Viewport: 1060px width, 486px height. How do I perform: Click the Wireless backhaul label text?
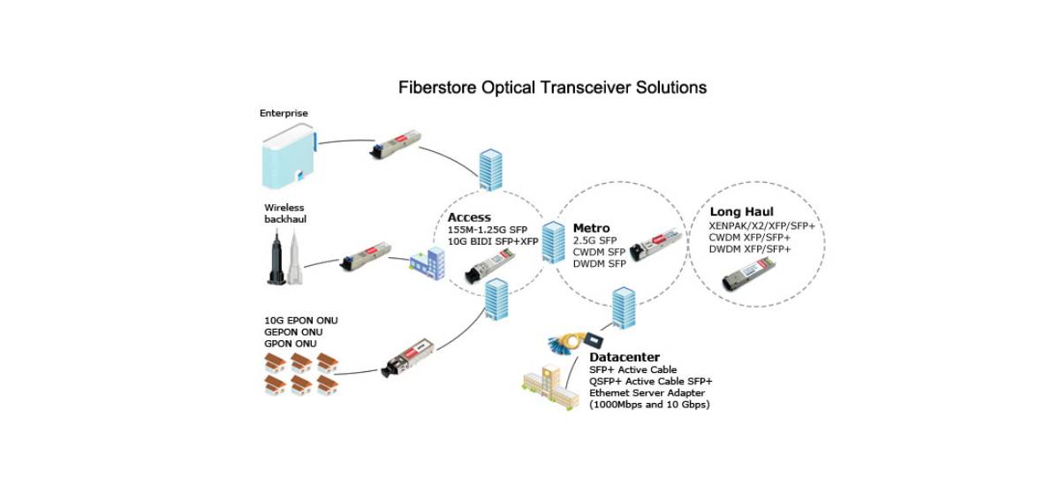[284, 213]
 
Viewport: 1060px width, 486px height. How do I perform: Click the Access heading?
[469, 217]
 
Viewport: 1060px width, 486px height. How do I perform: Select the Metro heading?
[591, 228]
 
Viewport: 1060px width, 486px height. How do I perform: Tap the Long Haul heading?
[741, 212]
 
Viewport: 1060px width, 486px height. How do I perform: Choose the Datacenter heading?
[625, 357]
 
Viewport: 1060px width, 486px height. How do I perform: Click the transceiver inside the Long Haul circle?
[748, 281]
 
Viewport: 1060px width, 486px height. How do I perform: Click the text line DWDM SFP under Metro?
[600, 264]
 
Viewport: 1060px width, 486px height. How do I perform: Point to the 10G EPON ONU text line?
[301, 320]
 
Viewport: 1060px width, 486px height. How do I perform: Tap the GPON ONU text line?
[291, 343]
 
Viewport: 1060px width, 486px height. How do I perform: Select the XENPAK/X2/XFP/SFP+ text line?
[761, 226]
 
